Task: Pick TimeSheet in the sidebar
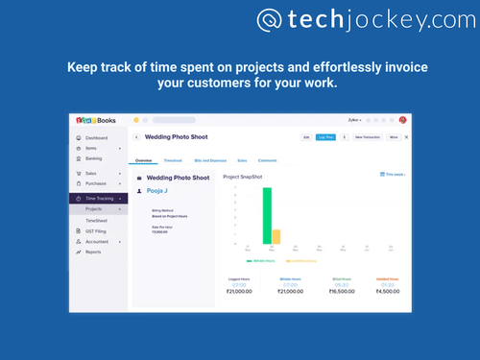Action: point(97,220)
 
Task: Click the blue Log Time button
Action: point(326,137)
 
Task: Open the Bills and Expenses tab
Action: point(209,160)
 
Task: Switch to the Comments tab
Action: point(268,160)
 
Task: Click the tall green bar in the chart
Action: point(267,216)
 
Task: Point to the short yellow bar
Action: point(276,237)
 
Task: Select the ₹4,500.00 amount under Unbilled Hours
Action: point(387,291)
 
